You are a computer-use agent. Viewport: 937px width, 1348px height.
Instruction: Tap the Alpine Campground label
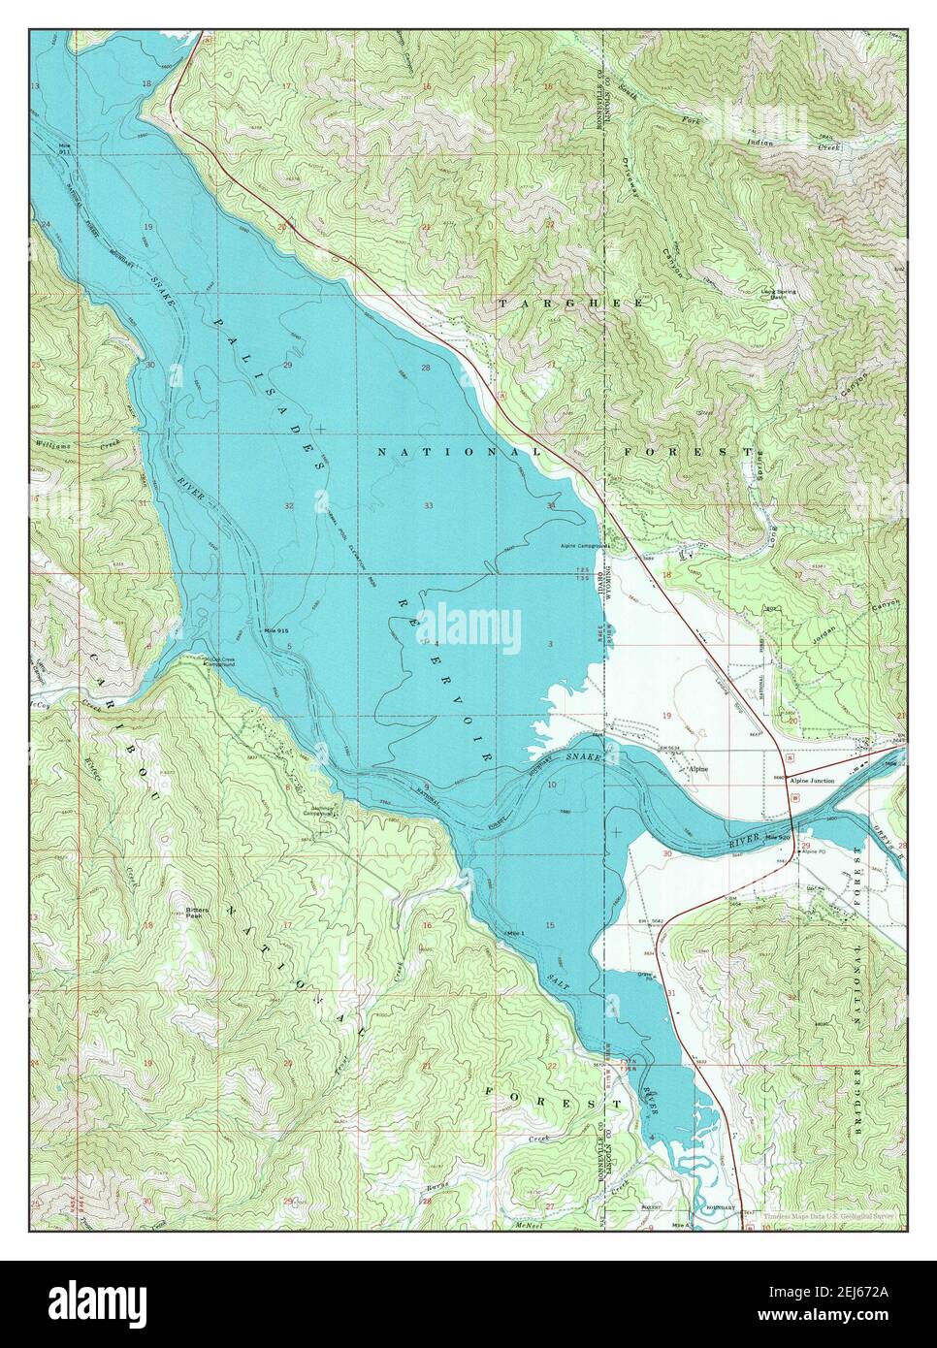pyautogui.click(x=583, y=546)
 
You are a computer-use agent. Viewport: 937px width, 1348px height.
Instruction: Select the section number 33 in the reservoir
pyautogui.click(x=428, y=505)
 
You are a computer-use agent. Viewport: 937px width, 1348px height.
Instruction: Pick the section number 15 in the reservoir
pyautogui.click(x=549, y=926)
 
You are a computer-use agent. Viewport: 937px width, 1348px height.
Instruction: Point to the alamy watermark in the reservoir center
pyautogui.click(x=468, y=621)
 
